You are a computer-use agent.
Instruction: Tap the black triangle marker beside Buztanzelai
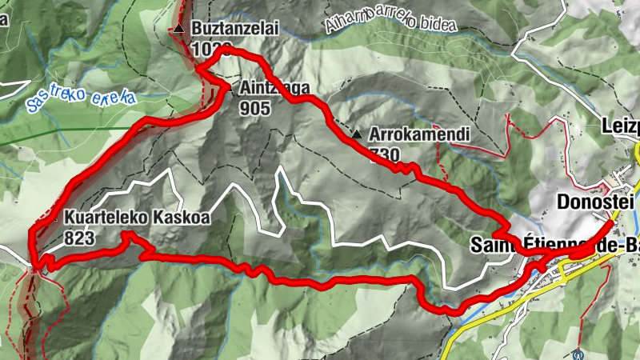click(179, 30)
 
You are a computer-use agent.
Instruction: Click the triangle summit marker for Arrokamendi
click(357, 134)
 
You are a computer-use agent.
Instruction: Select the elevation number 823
click(81, 238)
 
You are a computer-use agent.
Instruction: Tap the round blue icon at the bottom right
click(579, 352)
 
